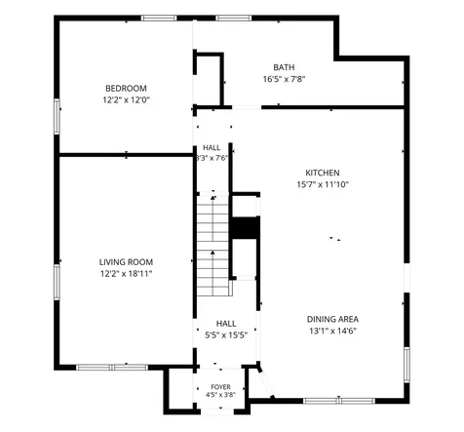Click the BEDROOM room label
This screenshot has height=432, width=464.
click(126, 88)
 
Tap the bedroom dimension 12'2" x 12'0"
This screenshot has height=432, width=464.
click(126, 99)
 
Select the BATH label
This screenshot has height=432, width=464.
click(284, 67)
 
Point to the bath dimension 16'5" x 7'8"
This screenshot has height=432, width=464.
click(284, 79)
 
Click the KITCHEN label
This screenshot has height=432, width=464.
click(323, 173)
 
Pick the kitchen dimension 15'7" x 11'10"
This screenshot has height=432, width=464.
click(323, 184)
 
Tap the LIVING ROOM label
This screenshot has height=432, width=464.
click(126, 262)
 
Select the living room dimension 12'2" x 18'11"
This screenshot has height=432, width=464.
click(126, 274)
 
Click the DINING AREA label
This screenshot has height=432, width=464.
click(332, 319)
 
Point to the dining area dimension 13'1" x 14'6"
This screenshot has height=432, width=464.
click(332, 331)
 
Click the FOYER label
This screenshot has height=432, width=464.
click(220, 387)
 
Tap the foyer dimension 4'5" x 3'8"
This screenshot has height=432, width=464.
click(220, 395)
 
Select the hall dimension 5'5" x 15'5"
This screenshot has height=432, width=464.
click(226, 335)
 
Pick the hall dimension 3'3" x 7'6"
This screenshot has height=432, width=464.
click(212, 158)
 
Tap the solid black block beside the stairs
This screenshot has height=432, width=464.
click(246, 228)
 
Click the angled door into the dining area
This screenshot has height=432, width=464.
click(266, 382)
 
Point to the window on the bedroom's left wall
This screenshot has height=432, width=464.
click(57, 116)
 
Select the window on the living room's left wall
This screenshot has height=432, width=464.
click(57, 282)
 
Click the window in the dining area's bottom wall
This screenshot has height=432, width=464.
click(339, 401)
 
